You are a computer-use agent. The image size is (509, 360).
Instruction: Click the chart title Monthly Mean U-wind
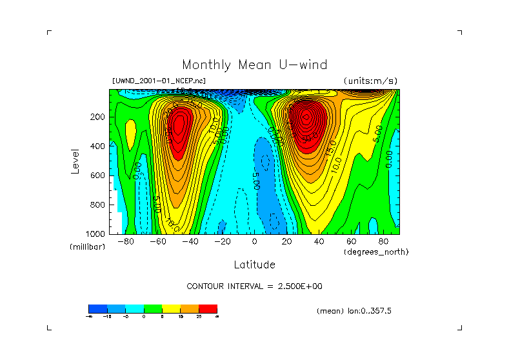[x=254, y=65]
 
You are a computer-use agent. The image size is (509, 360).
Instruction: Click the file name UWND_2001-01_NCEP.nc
[x=159, y=81]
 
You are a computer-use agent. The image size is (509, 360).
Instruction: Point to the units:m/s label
[x=370, y=81]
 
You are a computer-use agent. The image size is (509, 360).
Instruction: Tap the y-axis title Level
[x=75, y=161]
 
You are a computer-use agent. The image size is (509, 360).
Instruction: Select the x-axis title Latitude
[x=254, y=265]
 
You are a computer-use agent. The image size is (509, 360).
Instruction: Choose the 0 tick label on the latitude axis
[x=254, y=241]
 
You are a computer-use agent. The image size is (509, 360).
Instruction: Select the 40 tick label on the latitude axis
[x=319, y=241]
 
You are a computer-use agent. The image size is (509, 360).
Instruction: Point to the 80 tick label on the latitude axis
[x=383, y=241]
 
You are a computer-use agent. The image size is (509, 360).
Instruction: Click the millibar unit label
[x=87, y=247]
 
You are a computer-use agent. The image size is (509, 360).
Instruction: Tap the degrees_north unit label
[x=376, y=251]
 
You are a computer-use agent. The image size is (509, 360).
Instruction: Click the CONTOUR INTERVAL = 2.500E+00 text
[x=254, y=286]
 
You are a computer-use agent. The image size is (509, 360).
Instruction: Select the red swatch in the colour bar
[x=208, y=308]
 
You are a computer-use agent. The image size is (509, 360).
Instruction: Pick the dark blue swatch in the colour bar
[x=97, y=308]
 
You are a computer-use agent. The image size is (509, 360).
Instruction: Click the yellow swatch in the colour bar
[x=171, y=308]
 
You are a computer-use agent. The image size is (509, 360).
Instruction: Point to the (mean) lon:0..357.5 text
[x=354, y=310]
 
